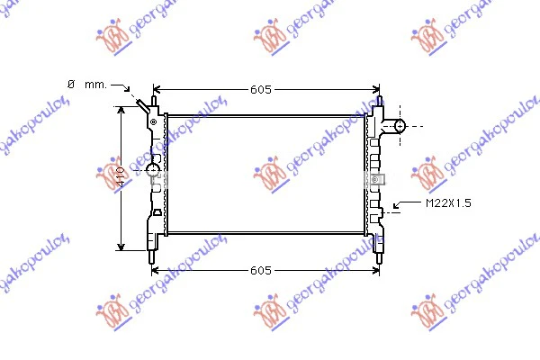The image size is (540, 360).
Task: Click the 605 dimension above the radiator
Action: pos(261,90)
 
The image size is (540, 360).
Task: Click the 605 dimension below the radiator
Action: pos(261,270)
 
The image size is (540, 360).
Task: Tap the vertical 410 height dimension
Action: pos(121,176)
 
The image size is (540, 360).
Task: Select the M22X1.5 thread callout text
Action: pos(448,203)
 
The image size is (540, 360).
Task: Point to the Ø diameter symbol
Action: pos(71,84)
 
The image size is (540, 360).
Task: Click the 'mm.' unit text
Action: pos(95,85)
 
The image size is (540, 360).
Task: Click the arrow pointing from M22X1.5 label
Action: pos(407,203)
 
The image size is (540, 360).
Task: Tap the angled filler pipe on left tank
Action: pos(142,105)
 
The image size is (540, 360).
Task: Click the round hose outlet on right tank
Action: pos(400,126)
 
